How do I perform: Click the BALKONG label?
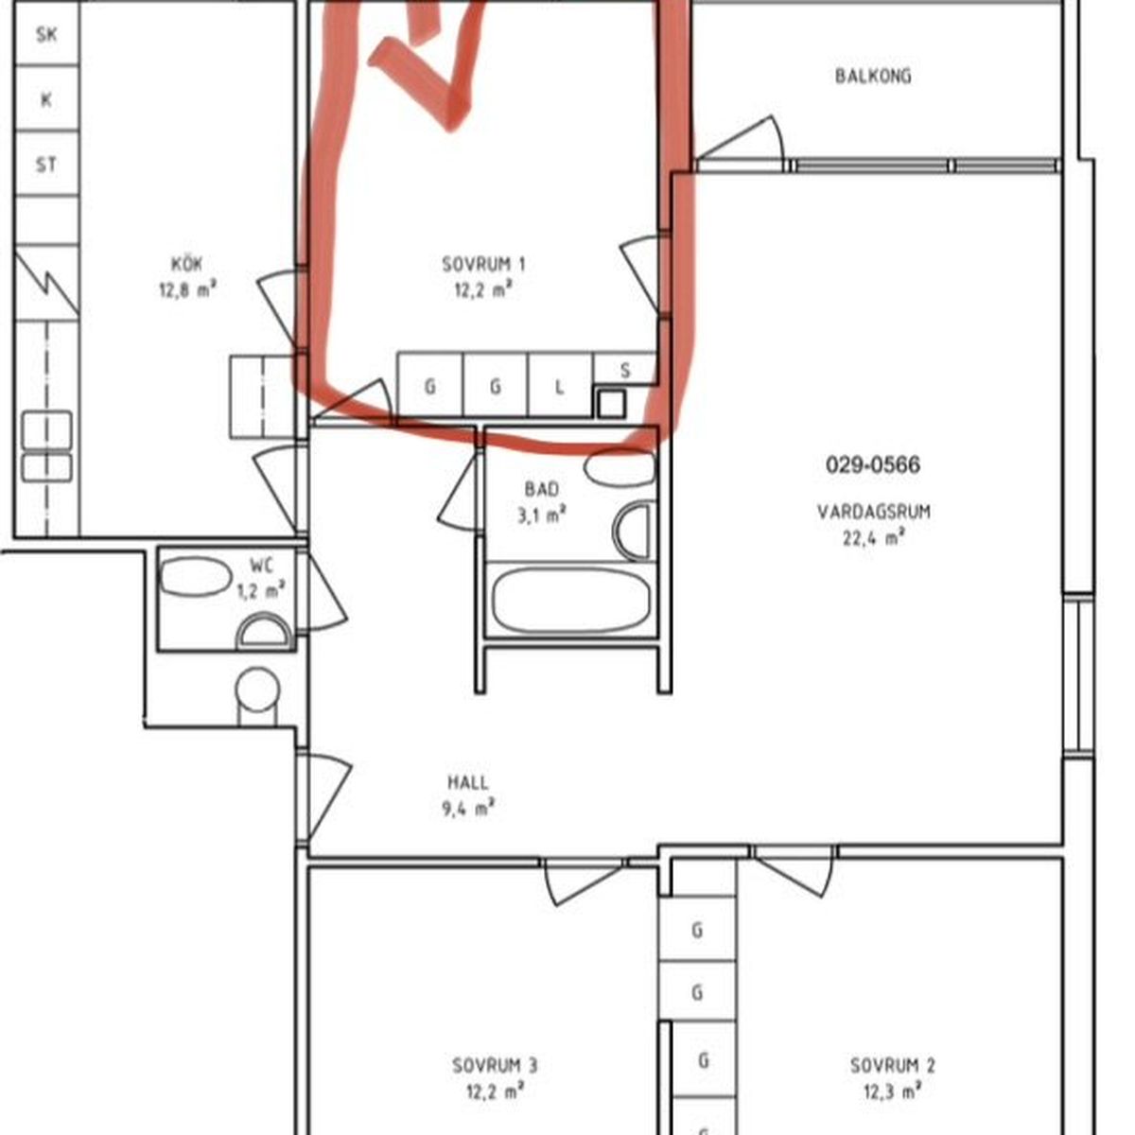point(872,76)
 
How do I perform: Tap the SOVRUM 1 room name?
point(483,265)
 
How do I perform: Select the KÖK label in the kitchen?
point(186,264)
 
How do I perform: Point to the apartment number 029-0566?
point(872,465)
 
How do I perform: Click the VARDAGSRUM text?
point(874,512)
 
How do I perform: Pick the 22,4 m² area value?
point(874,538)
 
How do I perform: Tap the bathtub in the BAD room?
point(570,600)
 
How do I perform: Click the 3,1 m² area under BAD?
point(542,516)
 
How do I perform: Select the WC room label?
point(261,566)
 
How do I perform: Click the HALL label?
point(468,783)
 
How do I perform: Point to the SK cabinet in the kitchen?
point(46,35)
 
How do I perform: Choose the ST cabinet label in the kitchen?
point(46,165)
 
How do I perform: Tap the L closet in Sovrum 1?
point(560,387)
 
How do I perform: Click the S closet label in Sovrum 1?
point(625,370)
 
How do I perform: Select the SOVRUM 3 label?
point(495,1066)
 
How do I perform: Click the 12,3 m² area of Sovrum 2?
point(892,1092)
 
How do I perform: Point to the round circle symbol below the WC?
point(257,689)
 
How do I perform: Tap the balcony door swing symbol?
point(741,139)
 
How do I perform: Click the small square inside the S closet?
point(611,404)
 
